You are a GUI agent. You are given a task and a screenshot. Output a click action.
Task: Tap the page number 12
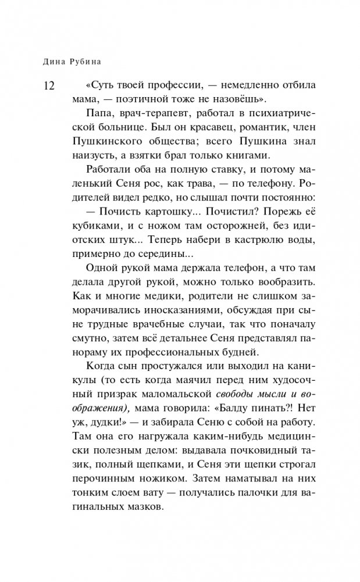point(48,86)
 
